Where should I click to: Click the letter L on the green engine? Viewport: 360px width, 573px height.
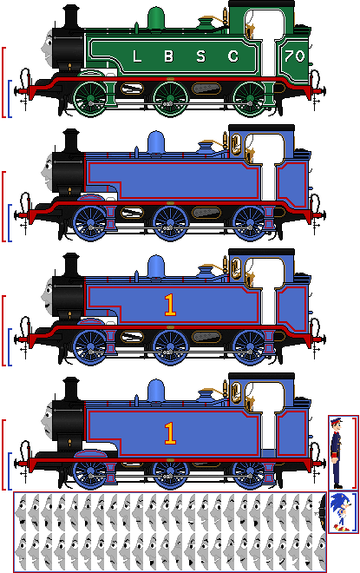137,56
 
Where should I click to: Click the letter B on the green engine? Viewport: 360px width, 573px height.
168,56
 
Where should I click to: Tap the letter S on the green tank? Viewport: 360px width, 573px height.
200,56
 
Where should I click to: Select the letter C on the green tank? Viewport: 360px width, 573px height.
233,56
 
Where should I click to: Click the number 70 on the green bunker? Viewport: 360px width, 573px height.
295,56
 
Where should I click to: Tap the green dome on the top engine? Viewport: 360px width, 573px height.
156,18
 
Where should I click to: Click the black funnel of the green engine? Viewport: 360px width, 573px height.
71,16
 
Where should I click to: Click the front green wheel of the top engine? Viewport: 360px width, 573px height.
90,99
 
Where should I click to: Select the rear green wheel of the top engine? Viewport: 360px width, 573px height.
250,99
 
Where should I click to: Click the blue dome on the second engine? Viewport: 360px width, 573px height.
156,142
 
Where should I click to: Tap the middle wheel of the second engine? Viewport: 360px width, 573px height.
170,223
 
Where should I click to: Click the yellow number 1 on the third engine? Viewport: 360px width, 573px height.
170,305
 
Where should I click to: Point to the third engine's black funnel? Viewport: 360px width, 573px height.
71,265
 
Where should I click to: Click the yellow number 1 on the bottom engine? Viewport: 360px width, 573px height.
170,433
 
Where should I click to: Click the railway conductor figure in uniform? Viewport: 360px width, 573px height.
337,453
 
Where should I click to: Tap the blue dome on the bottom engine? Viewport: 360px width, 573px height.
156,391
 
